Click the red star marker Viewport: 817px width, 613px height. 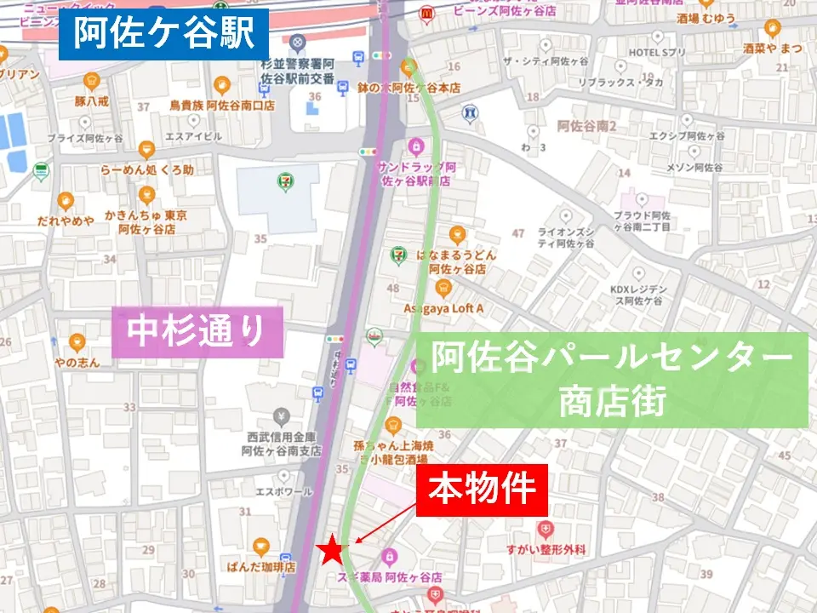click(x=332, y=552)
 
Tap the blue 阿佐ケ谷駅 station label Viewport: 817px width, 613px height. click(x=163, y=34)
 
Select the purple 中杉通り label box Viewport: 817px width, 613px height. click(x=197, y=331)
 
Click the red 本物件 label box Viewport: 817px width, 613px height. click(x=481, y=490)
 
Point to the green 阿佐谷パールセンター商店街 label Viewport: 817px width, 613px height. click(x=611, y=379)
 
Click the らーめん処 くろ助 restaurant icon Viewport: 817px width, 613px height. click(x=146, y=150)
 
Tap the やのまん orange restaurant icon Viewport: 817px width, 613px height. click(x=77, y=343)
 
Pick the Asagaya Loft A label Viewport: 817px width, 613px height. click(x=443, y=308)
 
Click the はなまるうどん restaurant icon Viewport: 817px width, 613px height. click(x=457, y=235)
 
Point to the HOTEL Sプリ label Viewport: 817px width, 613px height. click(x=657, y=53)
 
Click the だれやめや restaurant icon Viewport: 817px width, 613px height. click(x=66, y=202)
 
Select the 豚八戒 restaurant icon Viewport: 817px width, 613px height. click(x=92, y=82)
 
